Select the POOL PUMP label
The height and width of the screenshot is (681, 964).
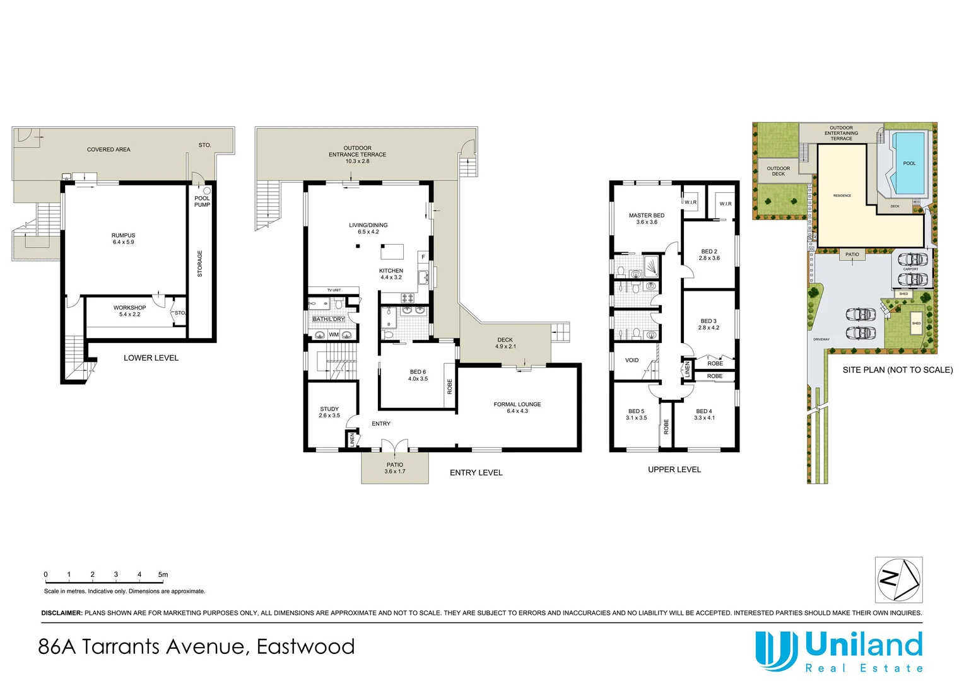click(x=202, y=201)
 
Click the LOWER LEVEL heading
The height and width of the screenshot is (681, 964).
click(x=151, y=358)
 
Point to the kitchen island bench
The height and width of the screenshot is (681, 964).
click(x=392, y=252)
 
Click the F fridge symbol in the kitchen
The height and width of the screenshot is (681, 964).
click(x=423, y=257)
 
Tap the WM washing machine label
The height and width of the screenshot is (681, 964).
click(x=333, y=335)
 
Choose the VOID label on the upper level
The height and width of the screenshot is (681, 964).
click(x=632, y=360)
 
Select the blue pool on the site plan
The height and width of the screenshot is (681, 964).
click(x=908, y=163)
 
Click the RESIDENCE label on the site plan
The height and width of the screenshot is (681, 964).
click(x=842, y=195)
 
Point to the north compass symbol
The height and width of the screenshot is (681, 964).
click(x=898, y=579)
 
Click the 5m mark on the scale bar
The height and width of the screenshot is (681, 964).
click(x=163, y=574)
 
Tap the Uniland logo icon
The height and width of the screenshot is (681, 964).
click(x=777, y=651)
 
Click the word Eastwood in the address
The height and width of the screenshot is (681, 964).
click(x=305, y=646)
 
